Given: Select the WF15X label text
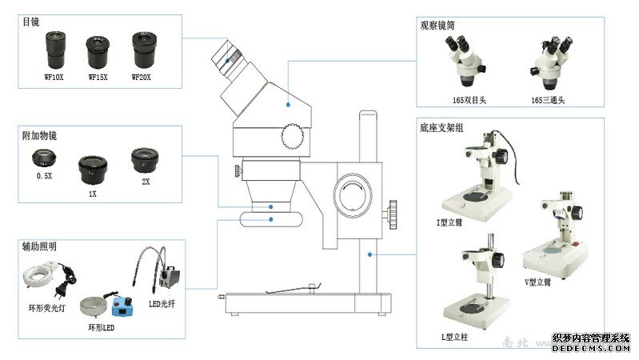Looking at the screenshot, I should pyautogui.click(x=98, y=77).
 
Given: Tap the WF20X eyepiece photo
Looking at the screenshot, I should pyautogui.click(x=145, y=50).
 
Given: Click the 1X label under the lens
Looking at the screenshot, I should pyautogui.click(x=92, y=194).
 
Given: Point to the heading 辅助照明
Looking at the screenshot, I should pyautogui.click(x=39, y=247).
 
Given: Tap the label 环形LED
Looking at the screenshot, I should pyautogui.click(x=102, y=328).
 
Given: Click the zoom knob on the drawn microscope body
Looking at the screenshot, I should pyautogui.click(x=292, y=137).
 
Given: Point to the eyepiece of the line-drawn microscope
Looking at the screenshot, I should pyautogui.click(x=229, y=59).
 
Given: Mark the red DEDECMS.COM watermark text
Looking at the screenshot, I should pyautogui.click(x=591, y=348).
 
